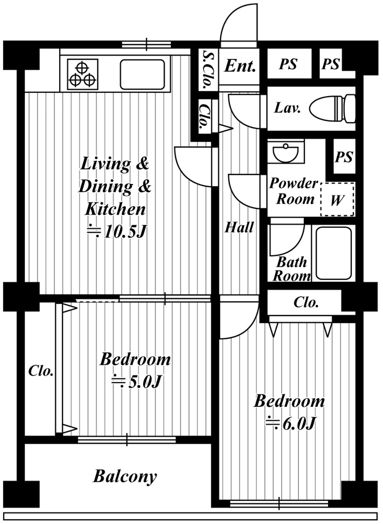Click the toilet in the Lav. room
[x=332, y=108]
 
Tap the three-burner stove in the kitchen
[x=82, y=74]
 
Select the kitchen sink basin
[x=142, y=74]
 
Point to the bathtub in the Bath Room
[x=333, y=253]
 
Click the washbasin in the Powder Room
[x=285, y=154]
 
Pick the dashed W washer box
[x=337, y=199]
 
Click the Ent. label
[x=240, y=66]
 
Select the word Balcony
[x=125, y=477]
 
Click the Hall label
[x=239, y=227]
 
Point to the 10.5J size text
[x=117, y=232]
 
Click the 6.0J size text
[x=290, y=424]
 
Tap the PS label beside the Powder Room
[x=344, y=156]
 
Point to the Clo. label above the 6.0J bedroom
[x=306, y=302]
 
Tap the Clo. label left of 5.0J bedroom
[x=41, y=371]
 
